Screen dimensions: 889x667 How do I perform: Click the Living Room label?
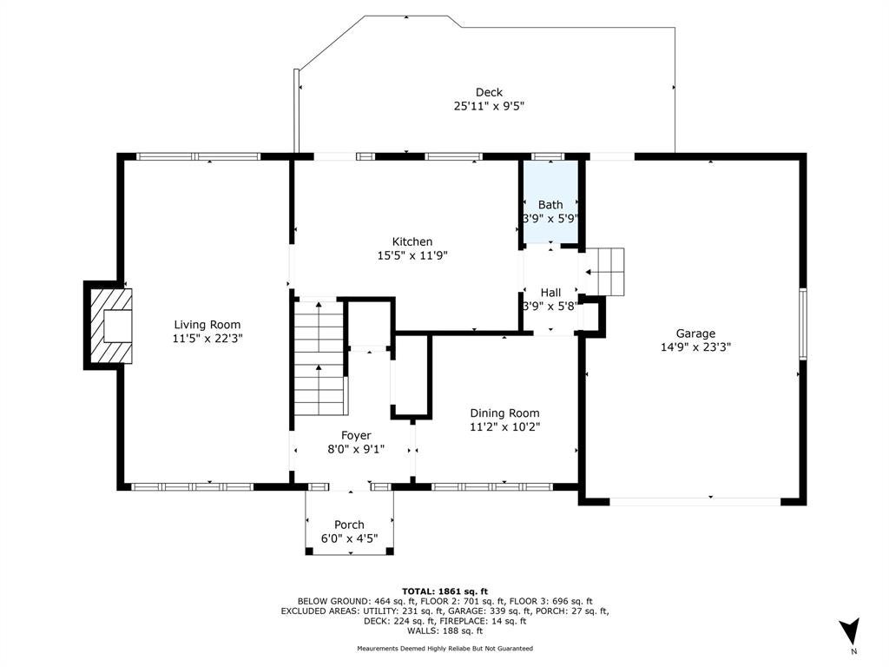tap(207, 325)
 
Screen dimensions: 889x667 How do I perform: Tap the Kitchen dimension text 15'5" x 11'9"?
tap(412, 255)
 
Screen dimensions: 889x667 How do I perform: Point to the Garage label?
tap(695, 333)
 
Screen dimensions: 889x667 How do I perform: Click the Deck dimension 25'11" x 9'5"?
tap(489, 105)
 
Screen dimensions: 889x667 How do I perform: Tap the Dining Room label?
tap(504, 413)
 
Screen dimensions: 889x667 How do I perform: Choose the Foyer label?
tap(356, 436)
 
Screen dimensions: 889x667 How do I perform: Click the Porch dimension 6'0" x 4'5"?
tap(349, 538)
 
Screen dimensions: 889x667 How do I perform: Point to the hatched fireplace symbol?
tap(112, 327)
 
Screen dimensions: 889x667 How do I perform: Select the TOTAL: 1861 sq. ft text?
tap(444, 591)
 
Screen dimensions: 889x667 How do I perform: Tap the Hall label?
tap(550, 293)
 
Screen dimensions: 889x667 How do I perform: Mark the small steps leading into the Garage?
tap(604, 272)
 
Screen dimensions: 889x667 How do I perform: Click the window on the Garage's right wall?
tap(803, 323)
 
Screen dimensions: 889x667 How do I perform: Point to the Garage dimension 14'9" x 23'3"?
tap(695, 347)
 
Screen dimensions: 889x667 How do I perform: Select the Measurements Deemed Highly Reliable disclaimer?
tap(445, 648)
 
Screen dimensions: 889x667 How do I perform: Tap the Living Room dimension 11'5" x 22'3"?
tap(207, 338)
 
